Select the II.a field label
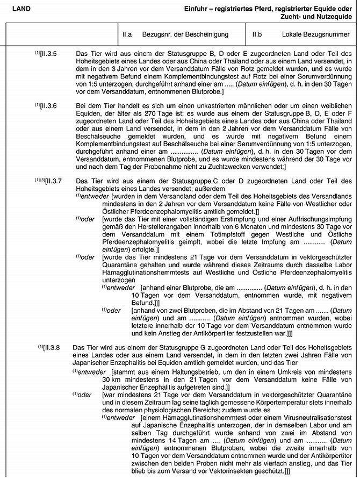click(127, 35)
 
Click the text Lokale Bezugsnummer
click(310, 35)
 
